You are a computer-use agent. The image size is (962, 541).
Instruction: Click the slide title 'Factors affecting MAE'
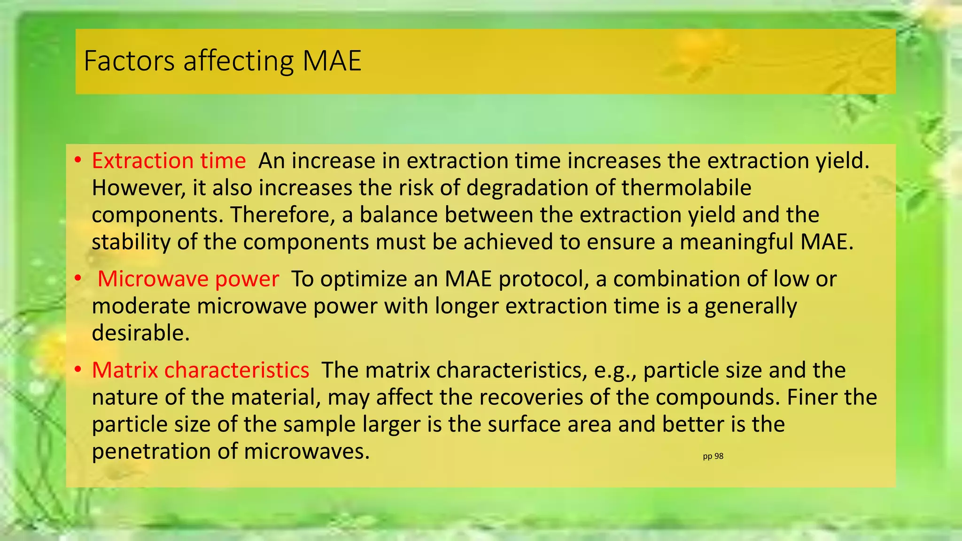point(222,61)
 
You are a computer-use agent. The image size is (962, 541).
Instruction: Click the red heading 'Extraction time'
point(169,161)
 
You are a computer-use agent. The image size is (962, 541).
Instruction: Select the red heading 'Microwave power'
point(188,279)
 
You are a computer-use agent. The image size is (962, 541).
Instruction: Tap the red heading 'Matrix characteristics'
point(201,370)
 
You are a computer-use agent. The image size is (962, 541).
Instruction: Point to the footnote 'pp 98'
point(713,456)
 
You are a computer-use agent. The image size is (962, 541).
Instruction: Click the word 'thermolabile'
point(686,188)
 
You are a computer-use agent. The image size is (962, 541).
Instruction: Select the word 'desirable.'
point(140,333)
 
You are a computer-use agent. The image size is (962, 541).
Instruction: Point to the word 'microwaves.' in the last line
point(307,451)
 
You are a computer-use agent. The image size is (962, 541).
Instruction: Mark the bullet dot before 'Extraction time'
point(78,161)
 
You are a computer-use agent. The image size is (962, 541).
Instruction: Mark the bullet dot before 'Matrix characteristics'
point(78,370)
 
